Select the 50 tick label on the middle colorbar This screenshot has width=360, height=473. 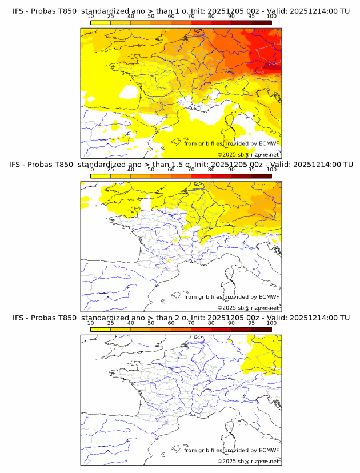click(151, 170)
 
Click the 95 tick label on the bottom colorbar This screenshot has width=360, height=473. click(251, 323)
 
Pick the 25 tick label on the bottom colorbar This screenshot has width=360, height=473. click(110, 323)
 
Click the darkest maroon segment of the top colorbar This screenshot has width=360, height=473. click(261, 22)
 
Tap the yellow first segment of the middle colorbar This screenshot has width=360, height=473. click(100, 176)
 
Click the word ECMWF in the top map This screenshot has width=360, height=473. click(269, 143)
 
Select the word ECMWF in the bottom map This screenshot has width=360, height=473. click(269, 450)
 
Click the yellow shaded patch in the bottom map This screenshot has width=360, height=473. click(263, 354)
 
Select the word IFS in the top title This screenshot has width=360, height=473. click(19, 11)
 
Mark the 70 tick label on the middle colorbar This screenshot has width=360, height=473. click(191, 170)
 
